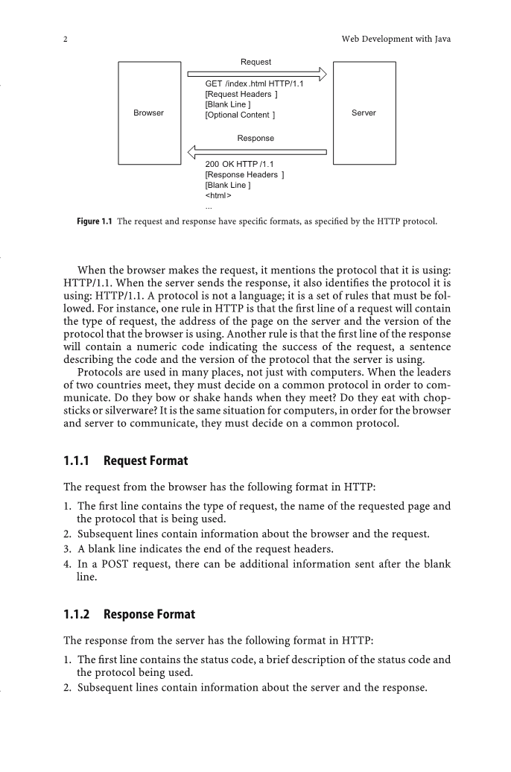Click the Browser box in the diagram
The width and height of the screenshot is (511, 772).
click(149, 113)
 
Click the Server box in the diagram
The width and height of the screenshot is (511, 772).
click(364, 113)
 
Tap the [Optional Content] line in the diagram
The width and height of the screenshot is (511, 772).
click(240, 115)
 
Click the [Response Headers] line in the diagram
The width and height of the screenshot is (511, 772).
click(244, 174)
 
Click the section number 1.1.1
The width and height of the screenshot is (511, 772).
click(77, 461)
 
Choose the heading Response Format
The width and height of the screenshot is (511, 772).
click(149, 615)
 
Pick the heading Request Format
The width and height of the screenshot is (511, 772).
click(146, 461)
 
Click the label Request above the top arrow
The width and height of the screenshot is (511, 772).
click(256, 62)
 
